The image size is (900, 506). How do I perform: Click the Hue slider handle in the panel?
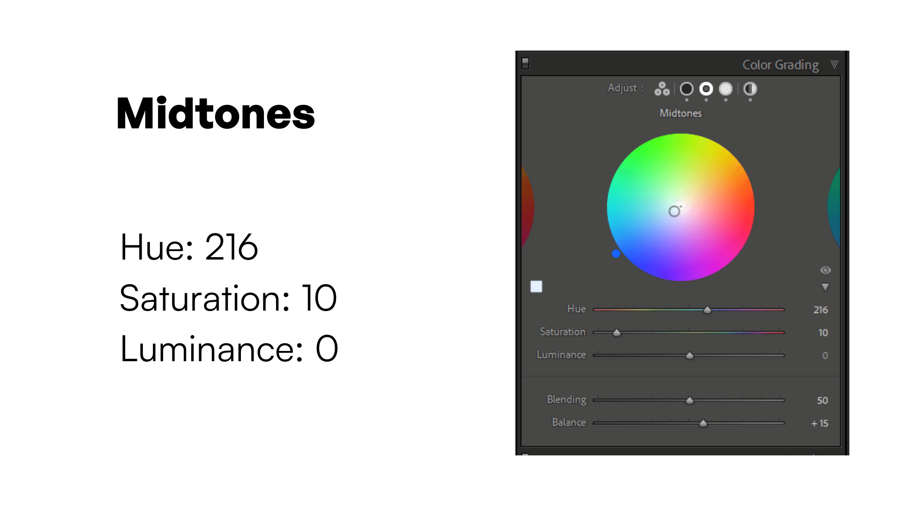coord(707,310)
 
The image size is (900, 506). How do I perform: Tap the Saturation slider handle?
coord(617,333)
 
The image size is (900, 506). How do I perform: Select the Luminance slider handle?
coord(690,356)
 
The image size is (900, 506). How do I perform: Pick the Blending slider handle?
coord(690,401)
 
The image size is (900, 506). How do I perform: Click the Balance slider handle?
coord(703,424)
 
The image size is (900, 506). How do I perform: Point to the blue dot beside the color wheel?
coord(616,253)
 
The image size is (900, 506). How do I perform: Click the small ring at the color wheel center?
coord(674,211)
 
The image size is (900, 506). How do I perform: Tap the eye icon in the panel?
coord(825,270)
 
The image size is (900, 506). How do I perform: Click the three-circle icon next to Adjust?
coord(662,89)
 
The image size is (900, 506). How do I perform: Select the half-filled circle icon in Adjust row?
coord(750,89)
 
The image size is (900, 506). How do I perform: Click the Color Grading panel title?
coord(780,65)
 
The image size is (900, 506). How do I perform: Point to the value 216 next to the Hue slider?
coord(820,310)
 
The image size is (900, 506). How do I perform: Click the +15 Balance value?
coord(820,424)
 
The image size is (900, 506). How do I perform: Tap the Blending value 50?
coord(822,401)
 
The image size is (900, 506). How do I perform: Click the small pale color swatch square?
coord(536,287)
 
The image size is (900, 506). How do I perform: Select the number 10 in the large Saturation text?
coord(319,298)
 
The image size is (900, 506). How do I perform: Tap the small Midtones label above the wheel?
coord(681,113)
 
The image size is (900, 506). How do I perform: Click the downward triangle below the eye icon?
coord(825,287)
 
